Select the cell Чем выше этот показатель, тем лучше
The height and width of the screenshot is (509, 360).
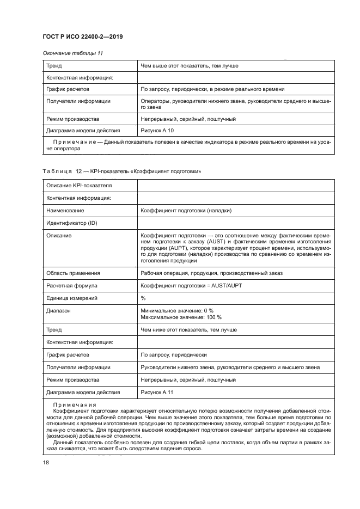[x=189, y=66]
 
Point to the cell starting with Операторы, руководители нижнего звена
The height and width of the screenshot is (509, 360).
[x=235, y=104]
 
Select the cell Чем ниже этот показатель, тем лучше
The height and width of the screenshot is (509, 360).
[x=188, y=329]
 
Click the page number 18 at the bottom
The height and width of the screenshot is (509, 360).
[x=45, y=462]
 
